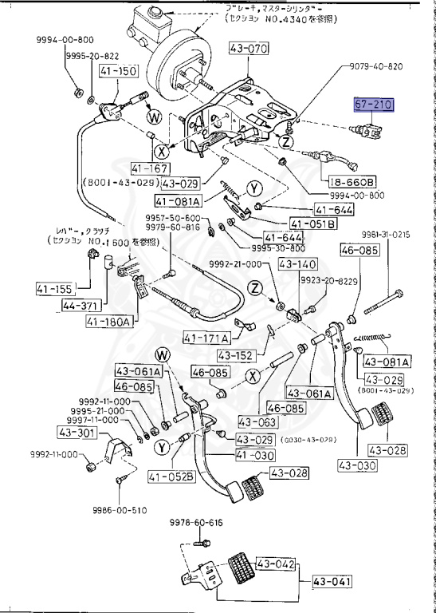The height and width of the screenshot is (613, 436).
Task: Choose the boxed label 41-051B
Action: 313,223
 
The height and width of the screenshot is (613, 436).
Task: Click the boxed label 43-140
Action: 298,264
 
